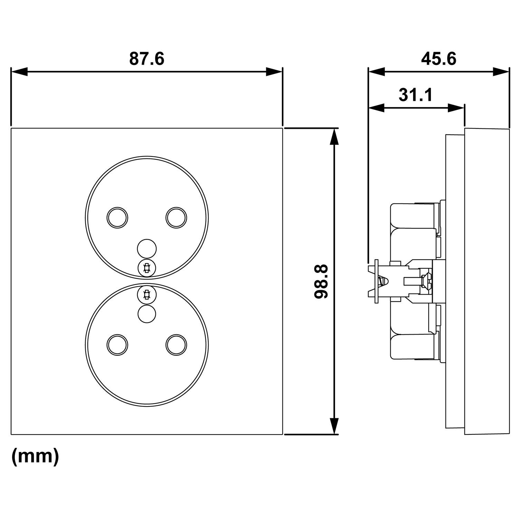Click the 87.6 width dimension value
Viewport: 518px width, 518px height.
coord(147,59)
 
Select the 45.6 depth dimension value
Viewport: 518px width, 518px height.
coord(439,59)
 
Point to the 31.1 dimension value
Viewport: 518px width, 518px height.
coord(415,95)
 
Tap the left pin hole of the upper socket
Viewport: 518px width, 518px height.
coord(117,217)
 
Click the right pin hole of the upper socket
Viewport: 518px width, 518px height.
coord(176,217)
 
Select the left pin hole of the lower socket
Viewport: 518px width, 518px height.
coord(117,345)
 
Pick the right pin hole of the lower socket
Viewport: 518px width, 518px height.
coord(176,345)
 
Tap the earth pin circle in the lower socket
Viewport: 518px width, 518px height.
coord(147,314)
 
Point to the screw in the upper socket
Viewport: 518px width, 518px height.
coord(147,268)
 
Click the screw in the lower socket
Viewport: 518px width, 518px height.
coord(147,294)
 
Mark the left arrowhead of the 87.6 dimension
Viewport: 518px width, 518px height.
coord(19,72)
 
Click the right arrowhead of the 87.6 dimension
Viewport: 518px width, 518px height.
coord(275,72)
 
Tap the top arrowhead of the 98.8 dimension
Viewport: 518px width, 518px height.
coord(334,137)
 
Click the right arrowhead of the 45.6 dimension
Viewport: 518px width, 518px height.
coord(501,72)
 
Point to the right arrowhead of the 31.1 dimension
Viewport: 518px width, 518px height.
coord(456,108)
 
